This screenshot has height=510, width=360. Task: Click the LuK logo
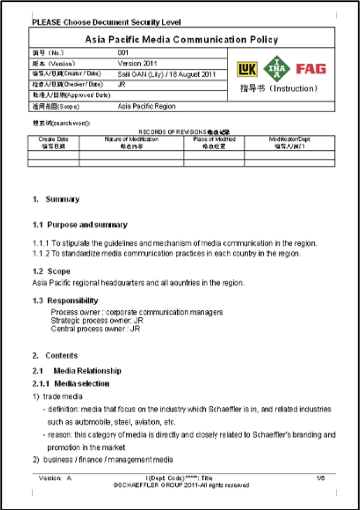click(247, 69)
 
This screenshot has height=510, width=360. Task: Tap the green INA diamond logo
click(276, 69)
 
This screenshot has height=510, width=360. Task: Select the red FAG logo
click(311, 69)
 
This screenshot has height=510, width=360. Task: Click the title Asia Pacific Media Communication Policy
click(181, 40)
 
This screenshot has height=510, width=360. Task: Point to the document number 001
click(123, 53)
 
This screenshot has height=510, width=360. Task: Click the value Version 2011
click(137, 63)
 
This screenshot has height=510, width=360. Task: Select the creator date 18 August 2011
click(193, 74)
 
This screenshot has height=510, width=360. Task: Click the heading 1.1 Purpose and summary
click(80, 225)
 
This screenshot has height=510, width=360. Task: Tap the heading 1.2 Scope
click(51, 271)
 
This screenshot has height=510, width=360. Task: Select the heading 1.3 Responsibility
click(65, 301)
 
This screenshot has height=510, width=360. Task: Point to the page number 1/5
click(321, 478)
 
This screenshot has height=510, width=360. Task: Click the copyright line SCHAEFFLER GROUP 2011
click(181, 485)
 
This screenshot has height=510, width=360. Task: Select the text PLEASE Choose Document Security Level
click(106, 22)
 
